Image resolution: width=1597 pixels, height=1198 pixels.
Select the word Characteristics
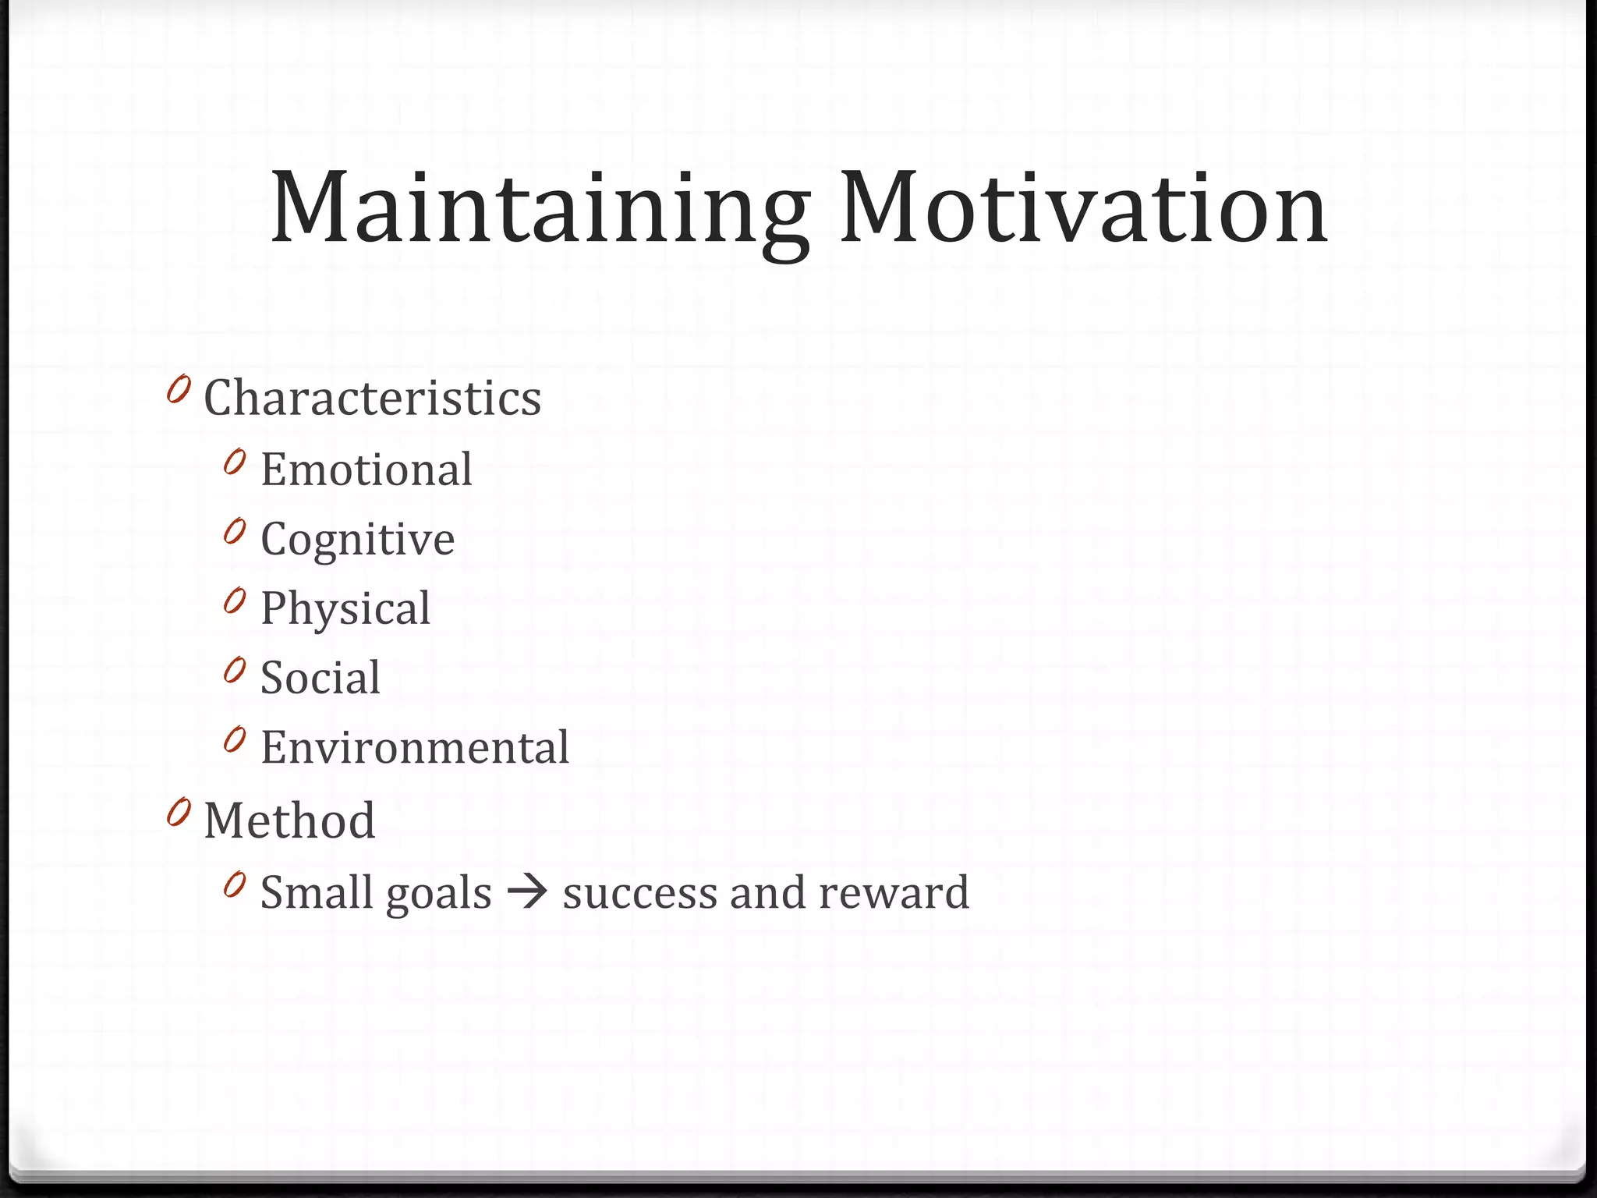(x=372, y=398)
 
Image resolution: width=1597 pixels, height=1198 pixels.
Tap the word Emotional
(x=366, y=470)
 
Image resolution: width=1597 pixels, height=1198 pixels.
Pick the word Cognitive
(x=357, y=540)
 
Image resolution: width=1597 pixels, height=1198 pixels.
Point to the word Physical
(x=345, y=608)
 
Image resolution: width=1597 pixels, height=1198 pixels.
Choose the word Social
(x=320, y=677)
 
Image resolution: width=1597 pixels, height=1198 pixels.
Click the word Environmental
(x=414, y=747)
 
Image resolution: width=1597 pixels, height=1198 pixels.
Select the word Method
(x=289, y=821)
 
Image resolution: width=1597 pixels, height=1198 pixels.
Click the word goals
(x=438, y=894)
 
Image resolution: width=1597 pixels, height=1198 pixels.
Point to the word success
(x=639, y=894)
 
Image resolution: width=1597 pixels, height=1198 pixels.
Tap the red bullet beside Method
(x=179, y=813)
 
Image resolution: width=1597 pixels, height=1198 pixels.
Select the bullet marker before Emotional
(x=234, y=463)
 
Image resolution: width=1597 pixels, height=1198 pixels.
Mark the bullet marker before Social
(x=234, y=670)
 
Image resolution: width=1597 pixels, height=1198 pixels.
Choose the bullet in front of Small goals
(x=234, y=884)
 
